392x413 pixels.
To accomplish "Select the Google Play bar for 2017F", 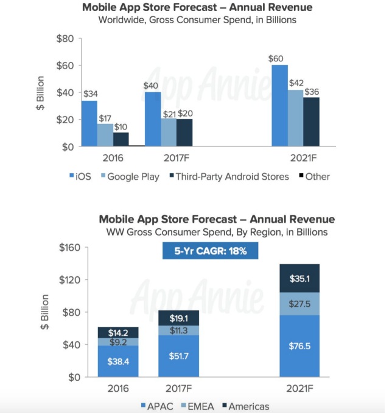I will tap(169, 132).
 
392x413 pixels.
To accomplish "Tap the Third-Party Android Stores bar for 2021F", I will tap(311, 121).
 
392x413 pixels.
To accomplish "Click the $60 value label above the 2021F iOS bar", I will tap(278, 59).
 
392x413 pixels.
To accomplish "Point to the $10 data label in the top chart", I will tap(121, 126).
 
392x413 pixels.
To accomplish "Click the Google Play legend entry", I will tap(131, 177).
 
